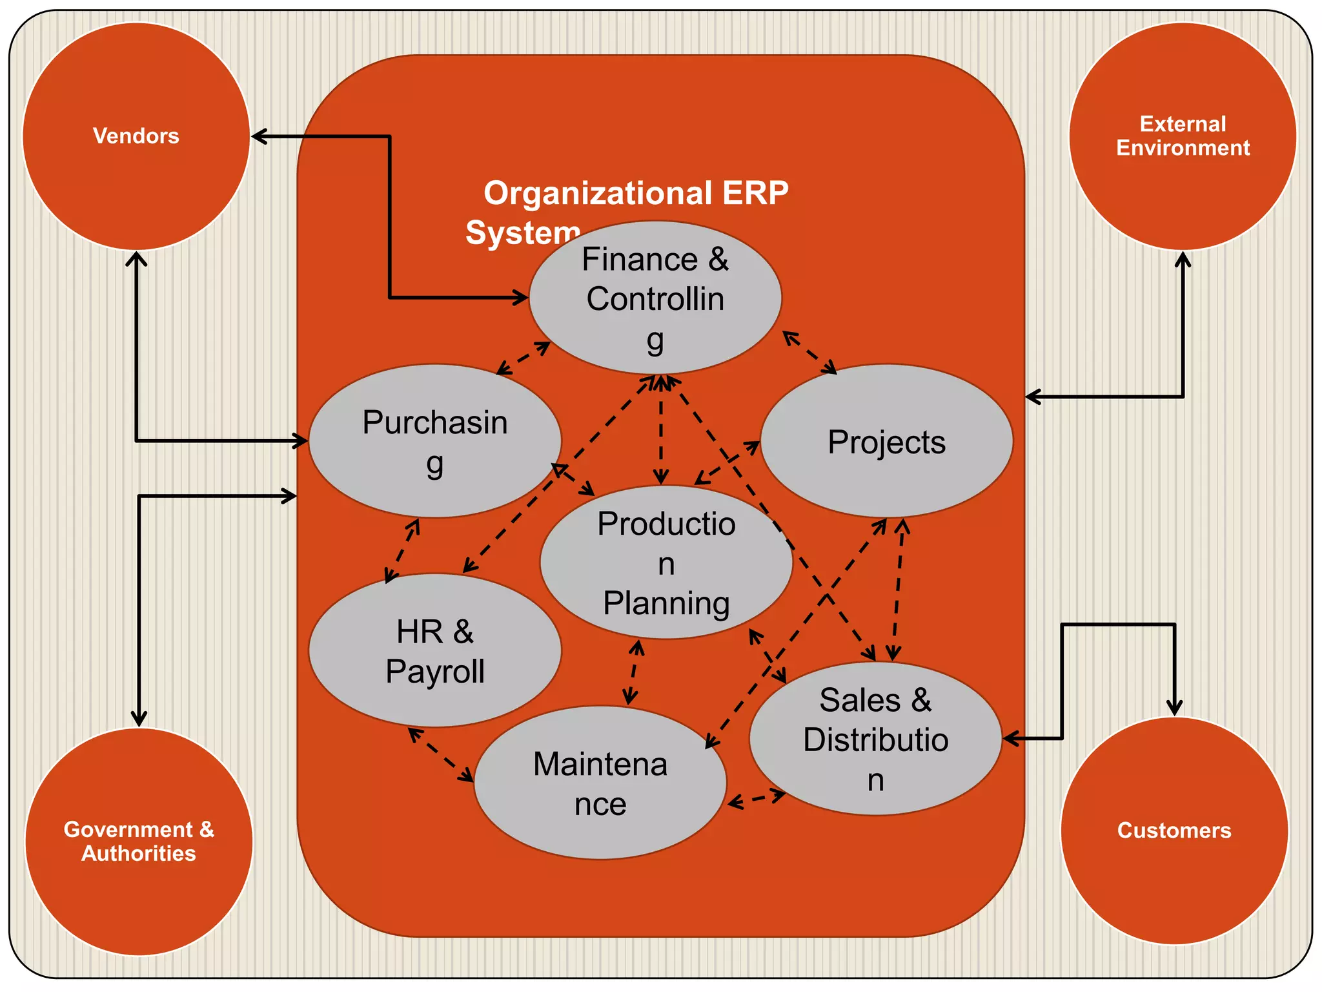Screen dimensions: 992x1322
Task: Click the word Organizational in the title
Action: pos(598,193)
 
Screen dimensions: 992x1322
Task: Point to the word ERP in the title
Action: pos(755,193)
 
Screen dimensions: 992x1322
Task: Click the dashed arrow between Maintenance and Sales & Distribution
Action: pos(757,800)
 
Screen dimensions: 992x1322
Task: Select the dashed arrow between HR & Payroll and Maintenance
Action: pos(442,755)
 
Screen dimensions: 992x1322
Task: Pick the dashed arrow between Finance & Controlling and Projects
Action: pos(809,353)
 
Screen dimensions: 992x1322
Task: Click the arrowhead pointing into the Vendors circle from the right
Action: pos(258,136)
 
